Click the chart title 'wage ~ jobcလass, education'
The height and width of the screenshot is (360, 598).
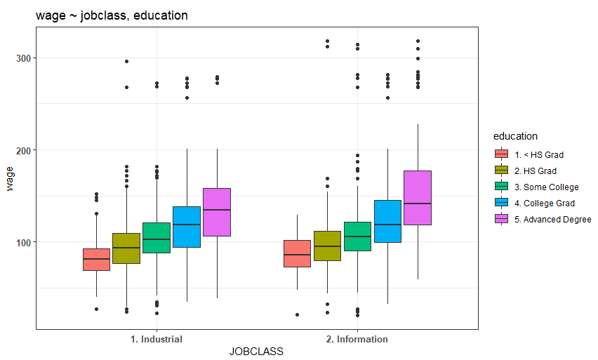coord(112,15)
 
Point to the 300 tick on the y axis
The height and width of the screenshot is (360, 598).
coord(23,58)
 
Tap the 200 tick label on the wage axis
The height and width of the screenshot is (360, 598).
coord(23,151)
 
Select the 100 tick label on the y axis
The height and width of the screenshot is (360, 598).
coord(23,243)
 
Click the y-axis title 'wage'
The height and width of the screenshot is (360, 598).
coord(10,178)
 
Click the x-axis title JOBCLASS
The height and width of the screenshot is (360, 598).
coord(256,352)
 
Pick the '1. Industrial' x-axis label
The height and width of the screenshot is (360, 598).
coord(157,339)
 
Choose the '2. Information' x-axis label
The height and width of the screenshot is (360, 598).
coord(357,339)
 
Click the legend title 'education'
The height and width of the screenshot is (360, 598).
coord(515,136)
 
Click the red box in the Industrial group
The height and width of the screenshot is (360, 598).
coord(96,260)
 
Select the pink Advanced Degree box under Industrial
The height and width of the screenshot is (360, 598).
coord(217,212)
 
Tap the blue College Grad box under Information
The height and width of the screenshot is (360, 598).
coord(387,221)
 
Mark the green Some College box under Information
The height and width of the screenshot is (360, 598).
coord(357,236)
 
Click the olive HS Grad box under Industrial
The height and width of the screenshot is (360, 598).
coord(126,248)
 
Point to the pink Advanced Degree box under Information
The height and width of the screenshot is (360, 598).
coord(418,198)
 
